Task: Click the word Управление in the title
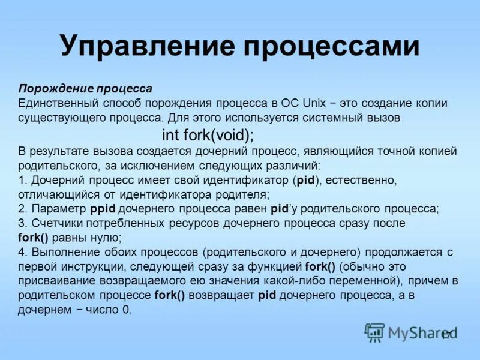[x=143, y=47]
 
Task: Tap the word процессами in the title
[x=323, y=47]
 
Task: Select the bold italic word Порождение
[x=50, y=89]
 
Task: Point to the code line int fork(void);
[x=208, y=134]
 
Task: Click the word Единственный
[x=58, y=103]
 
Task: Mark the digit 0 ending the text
[x=127, y=310]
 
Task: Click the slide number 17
[x=446, y=335]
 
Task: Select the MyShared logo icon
[x=375, y=332]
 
